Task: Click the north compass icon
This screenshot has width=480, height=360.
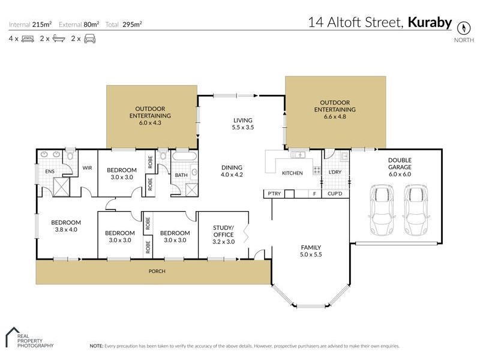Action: (463, 28)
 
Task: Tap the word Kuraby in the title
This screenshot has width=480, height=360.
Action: (430, 23)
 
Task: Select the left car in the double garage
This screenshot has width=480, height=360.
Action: (382, 211)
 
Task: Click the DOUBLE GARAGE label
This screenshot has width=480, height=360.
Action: (399, 164)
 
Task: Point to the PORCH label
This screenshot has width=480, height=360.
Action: (157, 271)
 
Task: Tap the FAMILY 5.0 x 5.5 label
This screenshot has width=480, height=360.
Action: (311, 251)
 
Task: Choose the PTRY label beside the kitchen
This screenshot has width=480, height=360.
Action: (275, 194)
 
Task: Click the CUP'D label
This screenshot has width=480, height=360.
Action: (335, 194)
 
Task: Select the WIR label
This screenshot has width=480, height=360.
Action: (87, 168)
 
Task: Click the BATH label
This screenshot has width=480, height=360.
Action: (181, 175)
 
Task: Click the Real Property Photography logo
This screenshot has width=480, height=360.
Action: (29, 338)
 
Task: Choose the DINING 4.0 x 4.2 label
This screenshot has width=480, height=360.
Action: (231, 171)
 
